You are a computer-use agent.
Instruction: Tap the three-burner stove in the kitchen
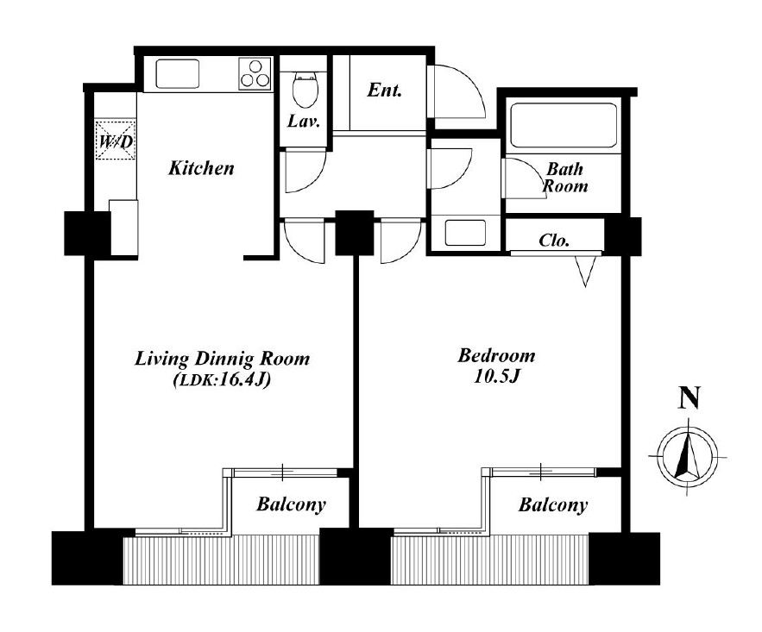[x=255, y=73]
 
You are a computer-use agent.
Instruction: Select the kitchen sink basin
[x=178, y=74]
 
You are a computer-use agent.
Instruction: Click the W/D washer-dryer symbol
[x=115, y=140]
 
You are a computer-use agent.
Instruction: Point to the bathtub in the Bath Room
[x=564, y=125]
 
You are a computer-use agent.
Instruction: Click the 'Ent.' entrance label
[x=384, y=91]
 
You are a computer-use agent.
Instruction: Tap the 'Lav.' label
[x=304, y=121]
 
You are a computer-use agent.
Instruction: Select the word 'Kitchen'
[x=201, y=168]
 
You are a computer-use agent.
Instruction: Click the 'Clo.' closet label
[x=554, y=241]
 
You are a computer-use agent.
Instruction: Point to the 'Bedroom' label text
[x=496, y=356]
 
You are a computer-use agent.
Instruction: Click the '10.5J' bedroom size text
[x=497, y=377]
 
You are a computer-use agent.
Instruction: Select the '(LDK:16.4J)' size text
[x=222, y=380]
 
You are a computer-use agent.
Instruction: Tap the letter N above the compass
[x=690, y=397]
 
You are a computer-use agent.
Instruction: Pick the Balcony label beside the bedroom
[x=553, y=504]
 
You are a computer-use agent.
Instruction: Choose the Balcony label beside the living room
[x=291, y=504]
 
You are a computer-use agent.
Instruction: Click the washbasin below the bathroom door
[x=465, y=233]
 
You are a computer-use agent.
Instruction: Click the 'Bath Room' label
[x=565, y=178]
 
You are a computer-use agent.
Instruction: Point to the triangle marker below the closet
[x=585, y=271]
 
